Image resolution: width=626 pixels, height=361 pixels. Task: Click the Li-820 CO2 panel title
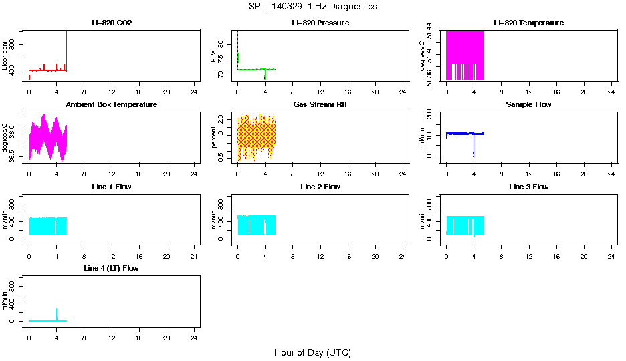pyautogui.click(x=112, y=23)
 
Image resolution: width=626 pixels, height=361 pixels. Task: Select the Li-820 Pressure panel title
pyautogui.click(x=320, y=23)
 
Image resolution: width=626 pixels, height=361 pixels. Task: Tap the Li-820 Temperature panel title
pyautogui.click(x=528, y=23)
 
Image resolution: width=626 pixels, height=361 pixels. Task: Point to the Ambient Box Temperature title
pyautogui.click(x=112, y=105)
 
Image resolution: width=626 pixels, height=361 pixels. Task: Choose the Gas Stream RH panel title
pyautogui.click(x=320, y=105)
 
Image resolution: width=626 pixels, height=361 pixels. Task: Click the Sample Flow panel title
pyautogui.click(x=528, y=105)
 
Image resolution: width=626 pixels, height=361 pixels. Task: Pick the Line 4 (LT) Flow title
pyautogui.click(x=112, y=268)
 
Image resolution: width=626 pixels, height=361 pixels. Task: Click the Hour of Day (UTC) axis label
pyautogui.click(x=312, y=352)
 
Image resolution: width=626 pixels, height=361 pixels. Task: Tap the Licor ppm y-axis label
pyautogui.click(x=5, y=55)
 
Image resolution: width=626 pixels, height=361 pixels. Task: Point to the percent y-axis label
pyautogui.click(x=214, y=137)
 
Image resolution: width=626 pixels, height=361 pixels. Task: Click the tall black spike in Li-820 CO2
pyautogui.click(x=66, y=47)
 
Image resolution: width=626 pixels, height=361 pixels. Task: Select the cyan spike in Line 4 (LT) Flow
pyautogui.click(x=56, y=314)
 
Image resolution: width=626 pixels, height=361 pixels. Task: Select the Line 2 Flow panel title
pyautogui.click(x=320, y=187)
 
